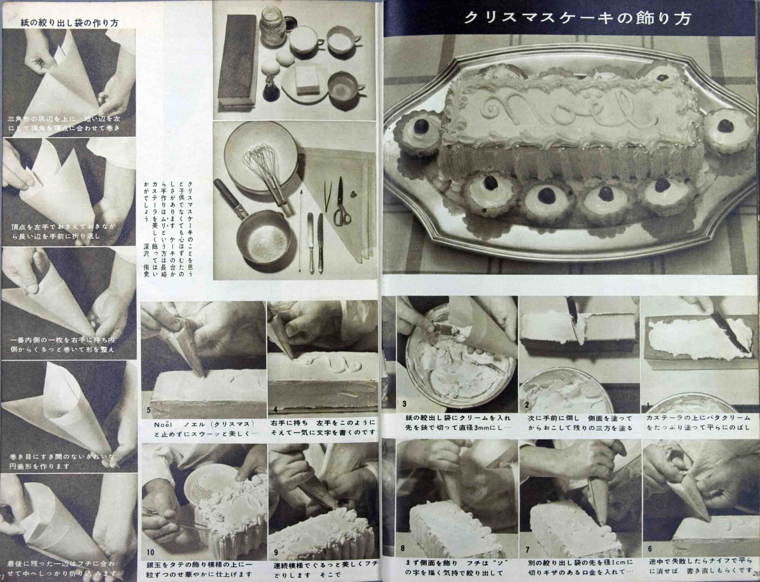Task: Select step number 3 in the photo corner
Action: (x=404, y=404)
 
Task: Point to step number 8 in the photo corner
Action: (x=403, y=549)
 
